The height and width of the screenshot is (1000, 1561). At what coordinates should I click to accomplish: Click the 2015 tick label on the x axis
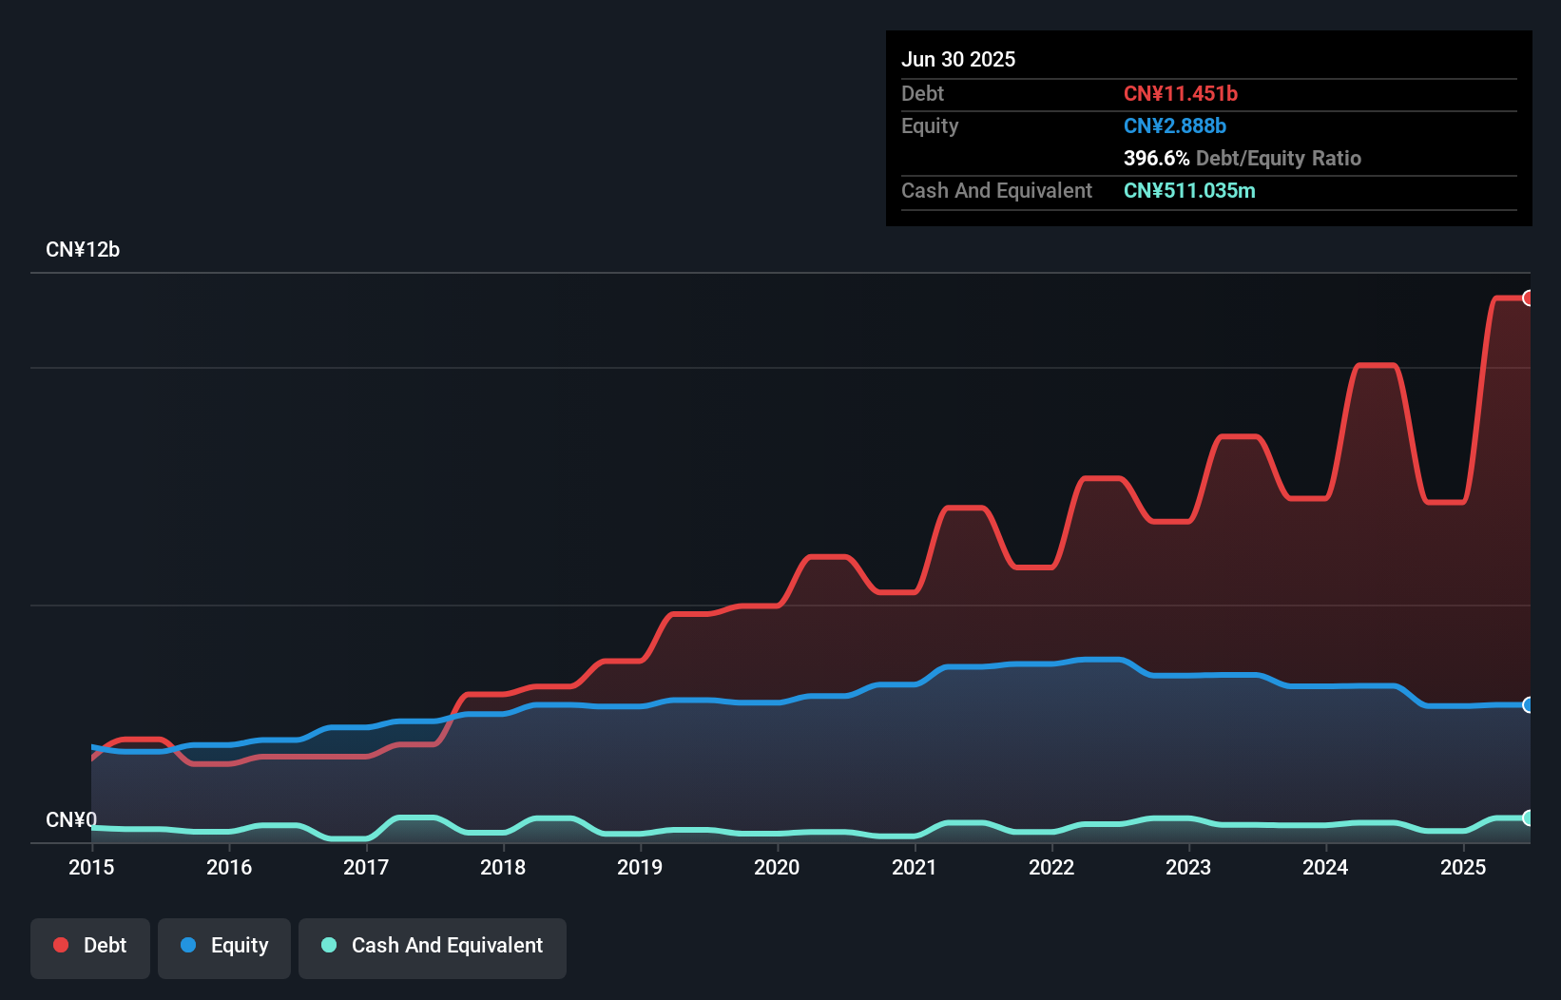click(x=91, y=867)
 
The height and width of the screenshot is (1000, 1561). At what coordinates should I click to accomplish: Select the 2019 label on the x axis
click(x=640, y=867)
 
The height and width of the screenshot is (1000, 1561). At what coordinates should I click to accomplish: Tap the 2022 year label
click(x=1051, y=867)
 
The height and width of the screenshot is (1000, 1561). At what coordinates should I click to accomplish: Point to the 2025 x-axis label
click(x=1462, y=867)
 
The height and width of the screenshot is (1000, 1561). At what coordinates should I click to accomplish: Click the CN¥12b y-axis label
click(x=83, y=250)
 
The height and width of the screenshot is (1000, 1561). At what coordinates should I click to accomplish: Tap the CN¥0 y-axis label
click(x=71, y=819)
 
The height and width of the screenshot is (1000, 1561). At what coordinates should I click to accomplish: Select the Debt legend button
click(x=90, y=946)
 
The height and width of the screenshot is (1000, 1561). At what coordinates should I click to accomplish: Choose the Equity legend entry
click(x=224, y=946)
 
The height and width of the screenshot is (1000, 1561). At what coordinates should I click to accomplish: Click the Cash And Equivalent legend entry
click(x=433, y=946)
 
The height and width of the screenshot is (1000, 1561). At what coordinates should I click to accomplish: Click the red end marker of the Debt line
click(x=1528, y=298)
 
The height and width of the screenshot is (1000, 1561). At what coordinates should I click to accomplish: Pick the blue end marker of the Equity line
click(x=1528, y=704)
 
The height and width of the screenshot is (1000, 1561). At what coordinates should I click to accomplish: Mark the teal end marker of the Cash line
click(x=1528, y=817)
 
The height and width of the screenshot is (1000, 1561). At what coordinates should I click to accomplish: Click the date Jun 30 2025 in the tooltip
click(x=958, y=60)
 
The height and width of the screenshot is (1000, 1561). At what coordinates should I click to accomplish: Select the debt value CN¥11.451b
click(x=1180, y=94)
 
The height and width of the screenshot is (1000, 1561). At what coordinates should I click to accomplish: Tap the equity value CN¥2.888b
click(x=1174, y=126)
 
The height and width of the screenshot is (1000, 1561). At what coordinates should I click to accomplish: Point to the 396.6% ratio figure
click(x=1156, y=159)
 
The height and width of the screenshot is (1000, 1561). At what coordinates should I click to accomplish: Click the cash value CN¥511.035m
click(x=1188, y=191)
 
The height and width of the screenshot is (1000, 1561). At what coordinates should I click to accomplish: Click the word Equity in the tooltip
click(x=930, y=126)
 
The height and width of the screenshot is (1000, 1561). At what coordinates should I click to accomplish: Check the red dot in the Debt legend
click(x=61, y=945)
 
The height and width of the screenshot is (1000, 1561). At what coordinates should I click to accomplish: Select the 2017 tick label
click(x=366, y=867)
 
